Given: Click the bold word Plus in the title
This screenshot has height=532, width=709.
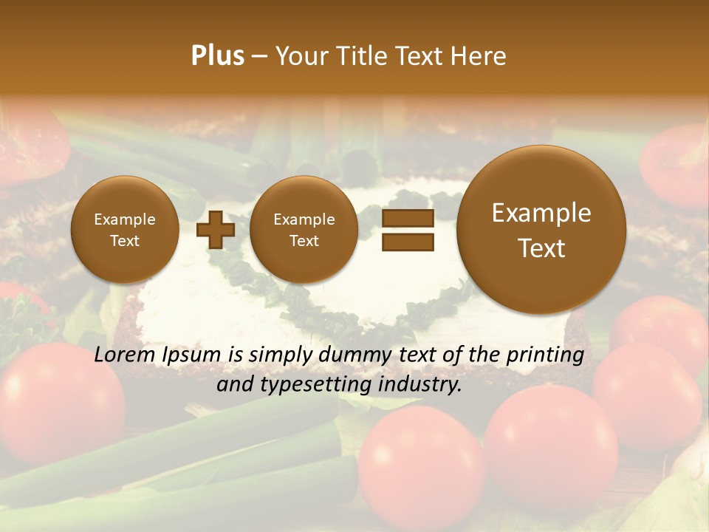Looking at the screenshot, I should pyautogui.click(x=217, y=56).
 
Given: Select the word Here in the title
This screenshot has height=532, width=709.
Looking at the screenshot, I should pyautogui.click(x=481, y=56).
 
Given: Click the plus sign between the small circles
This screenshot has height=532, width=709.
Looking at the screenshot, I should pyautogui.click(x=216, y=230).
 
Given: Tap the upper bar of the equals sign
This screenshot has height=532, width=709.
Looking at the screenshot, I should pyautogui.click(x=407, y=218).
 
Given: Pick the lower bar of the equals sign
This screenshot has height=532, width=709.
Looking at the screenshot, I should pyautogui.click(x=407, y=242).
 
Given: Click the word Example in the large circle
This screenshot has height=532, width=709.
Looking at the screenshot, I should pyautogui.click(x=541, y=213).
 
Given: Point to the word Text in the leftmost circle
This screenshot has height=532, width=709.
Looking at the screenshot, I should pyautogui.click(x=125, y=241).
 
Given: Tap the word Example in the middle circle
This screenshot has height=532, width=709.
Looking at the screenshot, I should pyautogui.click(x=304, y=219).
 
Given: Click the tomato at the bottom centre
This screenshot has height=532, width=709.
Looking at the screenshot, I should pyautogui.click(x=421, y=465).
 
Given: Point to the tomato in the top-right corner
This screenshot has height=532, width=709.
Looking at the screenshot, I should pyautogui.click(x=676, y=163).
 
